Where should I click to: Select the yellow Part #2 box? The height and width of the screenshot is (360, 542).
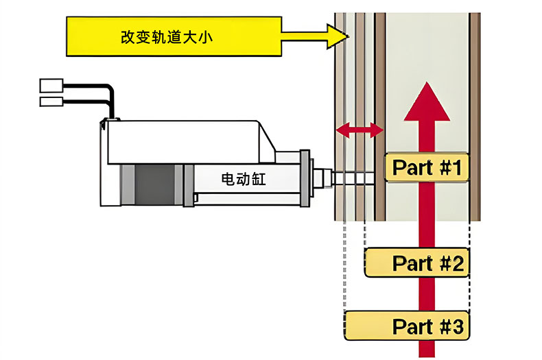(417, 263)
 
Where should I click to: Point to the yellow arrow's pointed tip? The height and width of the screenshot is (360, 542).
(349, 36)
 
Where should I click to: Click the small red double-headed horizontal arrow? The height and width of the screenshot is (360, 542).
(359, 128)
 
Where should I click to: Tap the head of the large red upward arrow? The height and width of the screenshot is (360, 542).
(427, 103)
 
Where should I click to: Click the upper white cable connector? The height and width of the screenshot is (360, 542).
(50, 85)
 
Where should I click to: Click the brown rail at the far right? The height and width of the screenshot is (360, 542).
(474, 117)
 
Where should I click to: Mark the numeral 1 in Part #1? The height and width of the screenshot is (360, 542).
(458, 167)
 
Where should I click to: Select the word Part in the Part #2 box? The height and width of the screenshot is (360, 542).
(412, 263)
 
